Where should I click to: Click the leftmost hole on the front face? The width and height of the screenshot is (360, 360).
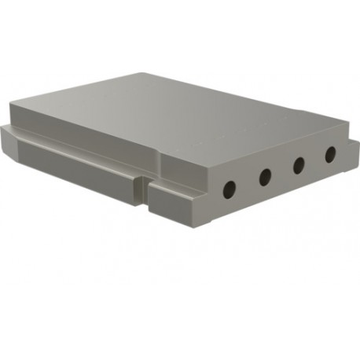tap(230, 189)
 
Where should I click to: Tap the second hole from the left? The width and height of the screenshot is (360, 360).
tap(265, 176)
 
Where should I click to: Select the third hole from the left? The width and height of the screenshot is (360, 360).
tap(299, 165)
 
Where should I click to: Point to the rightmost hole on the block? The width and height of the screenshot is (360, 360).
tap(330, 154)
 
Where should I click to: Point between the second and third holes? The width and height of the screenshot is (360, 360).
tap(282, 171)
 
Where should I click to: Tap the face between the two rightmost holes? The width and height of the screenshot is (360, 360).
tap(314, 160)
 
